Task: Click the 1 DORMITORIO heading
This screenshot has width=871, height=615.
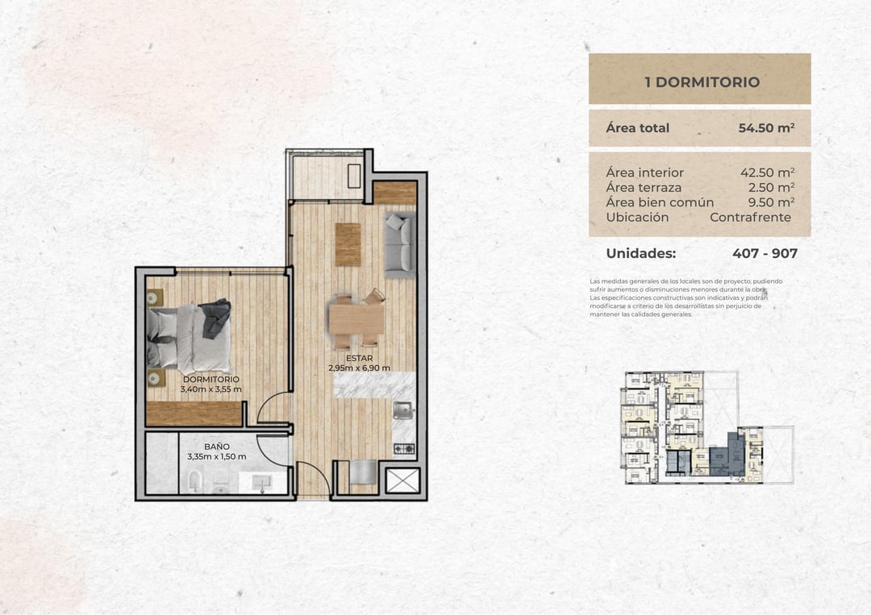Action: pyautogui.click(x=702, y=82)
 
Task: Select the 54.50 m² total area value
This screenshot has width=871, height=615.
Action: pyautogui.click(x=767, y=128)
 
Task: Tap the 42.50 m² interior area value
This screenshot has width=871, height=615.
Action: pyautogui.click(x=767, y=172)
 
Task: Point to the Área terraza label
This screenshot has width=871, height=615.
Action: pyautogui.click(x=644, y=188)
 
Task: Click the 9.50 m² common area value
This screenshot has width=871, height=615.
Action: pyautogui.click(x=771, y=202)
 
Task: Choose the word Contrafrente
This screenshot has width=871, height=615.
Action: pyautogui.click(x=751, y=218)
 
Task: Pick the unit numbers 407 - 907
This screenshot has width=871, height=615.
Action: pyautogui.click(x=765, y=254)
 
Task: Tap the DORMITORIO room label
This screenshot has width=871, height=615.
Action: pyautogui.click(x=211, y=379)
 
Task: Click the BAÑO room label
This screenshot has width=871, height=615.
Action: pyautogui.click(x=217, y=447)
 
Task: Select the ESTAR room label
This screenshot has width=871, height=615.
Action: pyautogui.click(x=360, y=358)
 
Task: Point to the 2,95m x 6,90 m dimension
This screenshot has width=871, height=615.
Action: pyautogui.click(x=359, y=368)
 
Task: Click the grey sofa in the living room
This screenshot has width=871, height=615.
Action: pyautogui.click(x=401, y=244)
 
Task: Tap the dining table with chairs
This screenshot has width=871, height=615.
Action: pyautogui.click(x=356, y=319)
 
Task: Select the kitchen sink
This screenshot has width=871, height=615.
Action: pyautogui.click(x=402, y=410)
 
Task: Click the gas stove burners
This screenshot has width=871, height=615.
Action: pyautogui.click(x=404, y=448)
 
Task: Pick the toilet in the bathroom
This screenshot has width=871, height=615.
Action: pyautogui.click(x=194, y=481)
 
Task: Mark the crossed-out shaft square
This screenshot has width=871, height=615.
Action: pyautogui.click(x=402, y=480)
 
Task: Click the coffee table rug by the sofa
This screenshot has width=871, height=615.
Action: pyautogui.click(x=348, y=244)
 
